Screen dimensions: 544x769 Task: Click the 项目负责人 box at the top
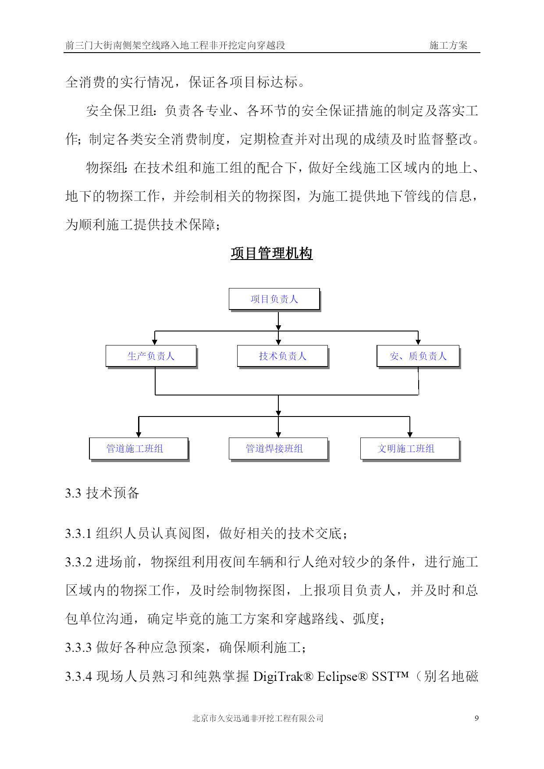click(274, 299)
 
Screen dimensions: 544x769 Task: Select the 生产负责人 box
click(151, 356)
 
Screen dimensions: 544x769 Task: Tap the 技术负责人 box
click(283, 356)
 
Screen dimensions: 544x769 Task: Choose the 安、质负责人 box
click(419, 356)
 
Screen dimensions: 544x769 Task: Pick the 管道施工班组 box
click(139, 449)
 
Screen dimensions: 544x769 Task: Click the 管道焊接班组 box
click(279, 449)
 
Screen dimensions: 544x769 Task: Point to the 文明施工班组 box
click(410, 449)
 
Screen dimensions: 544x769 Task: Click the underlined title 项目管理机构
click(272, 253)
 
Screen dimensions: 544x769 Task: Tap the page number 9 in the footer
click(476, 718)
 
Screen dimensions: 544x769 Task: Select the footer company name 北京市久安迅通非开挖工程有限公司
click(258, 718)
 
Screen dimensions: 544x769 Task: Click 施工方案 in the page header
click(448, 45)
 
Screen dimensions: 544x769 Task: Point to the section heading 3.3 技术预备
click(102, 493)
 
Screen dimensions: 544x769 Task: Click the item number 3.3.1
click(78, 534)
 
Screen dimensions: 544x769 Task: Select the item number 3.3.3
click(78, 648)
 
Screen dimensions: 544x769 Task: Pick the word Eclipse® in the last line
click(342, 676)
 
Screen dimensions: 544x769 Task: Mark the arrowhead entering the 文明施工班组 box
click(410, 434)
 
